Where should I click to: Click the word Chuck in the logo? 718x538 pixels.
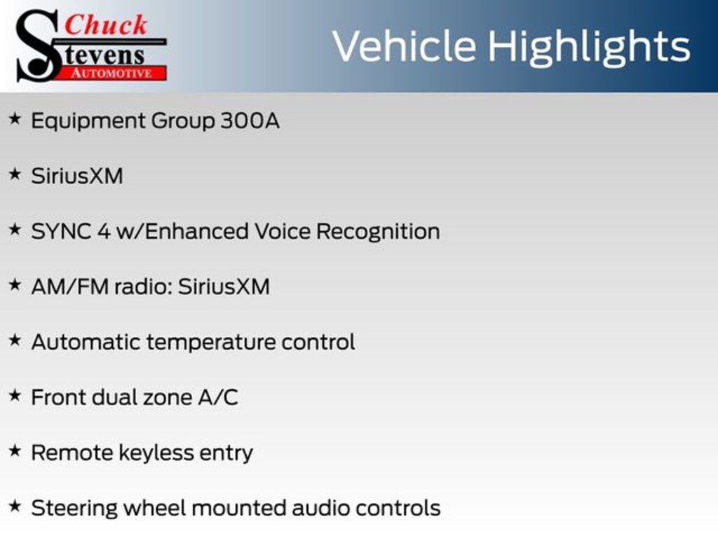click(106, 25)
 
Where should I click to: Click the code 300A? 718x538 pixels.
click(250, 120)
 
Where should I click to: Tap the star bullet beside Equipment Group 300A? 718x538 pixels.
click(15, 119)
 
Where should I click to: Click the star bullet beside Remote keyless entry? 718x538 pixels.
click(15, 451)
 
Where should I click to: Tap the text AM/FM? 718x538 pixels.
click(69, 287)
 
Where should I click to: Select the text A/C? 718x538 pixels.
click(218, 397)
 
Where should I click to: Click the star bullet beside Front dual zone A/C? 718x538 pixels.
click(15, 396)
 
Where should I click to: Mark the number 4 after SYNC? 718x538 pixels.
click(104, 231)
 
